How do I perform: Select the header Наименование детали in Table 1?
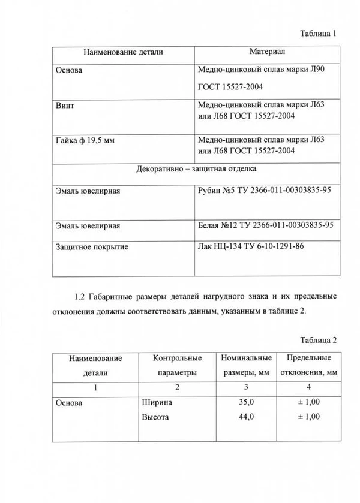[123, 53]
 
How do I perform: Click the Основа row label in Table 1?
[68, 71]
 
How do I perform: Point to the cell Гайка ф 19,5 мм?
[85, 141]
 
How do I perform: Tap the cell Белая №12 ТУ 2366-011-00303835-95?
[265, 226]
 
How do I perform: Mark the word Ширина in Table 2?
[157, 402]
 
